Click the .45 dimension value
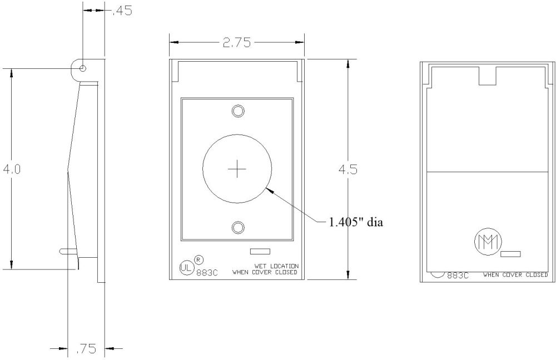click(x=122, y=11)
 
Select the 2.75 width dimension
click(x=236, y=42)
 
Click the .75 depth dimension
click(x=86, y=349)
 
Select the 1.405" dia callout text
click(x=355, y=222)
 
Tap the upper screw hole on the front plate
click(x=237, y=111)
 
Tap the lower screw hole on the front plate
click(x=237, y=227)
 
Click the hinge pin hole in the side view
click(x=83, y=68)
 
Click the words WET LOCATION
click(x=276, y=266)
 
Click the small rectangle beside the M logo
click(x=510, y=254)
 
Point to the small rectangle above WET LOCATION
click(x=260, y=251)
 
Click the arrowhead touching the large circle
click(x=270, y=191)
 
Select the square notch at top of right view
click(x=488, y=76)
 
